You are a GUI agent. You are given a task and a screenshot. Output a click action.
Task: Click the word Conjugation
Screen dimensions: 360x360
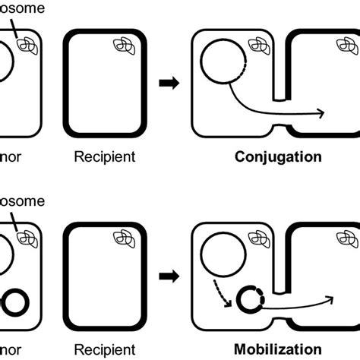coord(277,158)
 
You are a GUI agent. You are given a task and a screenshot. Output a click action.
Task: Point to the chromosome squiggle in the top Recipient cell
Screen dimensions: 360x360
coord(123,46)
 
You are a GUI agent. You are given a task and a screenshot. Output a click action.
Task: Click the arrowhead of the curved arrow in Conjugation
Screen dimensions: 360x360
coord(323,114)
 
